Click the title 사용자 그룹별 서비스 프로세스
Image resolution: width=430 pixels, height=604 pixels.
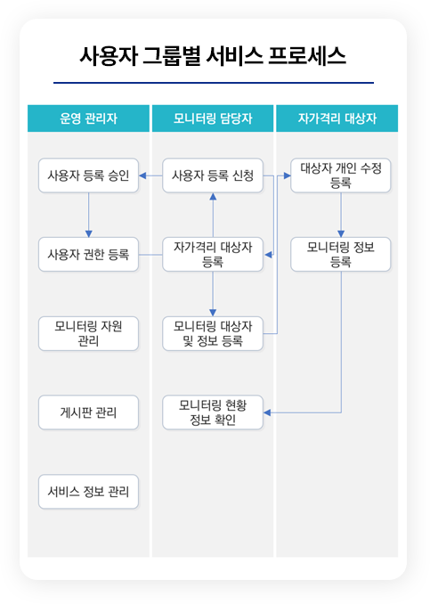click(213, 56)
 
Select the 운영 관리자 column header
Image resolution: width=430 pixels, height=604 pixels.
click(88, 118)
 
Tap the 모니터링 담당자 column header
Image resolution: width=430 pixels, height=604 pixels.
click(213, 118)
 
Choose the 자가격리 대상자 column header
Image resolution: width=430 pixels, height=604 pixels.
click(337, 118)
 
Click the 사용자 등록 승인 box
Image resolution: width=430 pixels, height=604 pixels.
click(88, 175)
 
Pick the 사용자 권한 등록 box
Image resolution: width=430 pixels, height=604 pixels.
click(88, 255)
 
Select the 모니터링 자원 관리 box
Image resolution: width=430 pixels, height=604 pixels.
click(88, 333)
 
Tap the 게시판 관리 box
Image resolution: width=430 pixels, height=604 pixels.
click(88, 412)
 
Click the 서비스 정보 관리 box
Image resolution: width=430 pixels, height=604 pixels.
click(88, 492)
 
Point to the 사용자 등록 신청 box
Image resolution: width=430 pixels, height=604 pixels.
click(213, 175)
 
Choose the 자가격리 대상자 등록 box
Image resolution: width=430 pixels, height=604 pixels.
click(213, 255)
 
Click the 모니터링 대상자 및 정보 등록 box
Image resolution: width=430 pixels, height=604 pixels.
click(213, 333)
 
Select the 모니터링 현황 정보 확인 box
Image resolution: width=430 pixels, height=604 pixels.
click(213, 412)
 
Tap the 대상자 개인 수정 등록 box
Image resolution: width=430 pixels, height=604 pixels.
click(341, 175)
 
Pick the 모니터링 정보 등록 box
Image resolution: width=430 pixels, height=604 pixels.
click(341, 255)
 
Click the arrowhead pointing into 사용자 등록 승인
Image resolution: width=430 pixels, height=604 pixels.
click(142, 175)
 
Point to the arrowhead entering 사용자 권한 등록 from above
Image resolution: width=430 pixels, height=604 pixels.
click(88, 233)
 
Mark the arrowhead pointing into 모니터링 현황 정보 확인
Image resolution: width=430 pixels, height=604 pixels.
click(267, 412)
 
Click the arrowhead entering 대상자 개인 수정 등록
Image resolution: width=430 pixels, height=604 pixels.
click(288, 175)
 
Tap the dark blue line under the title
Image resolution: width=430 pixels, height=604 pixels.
click(214, 83)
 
